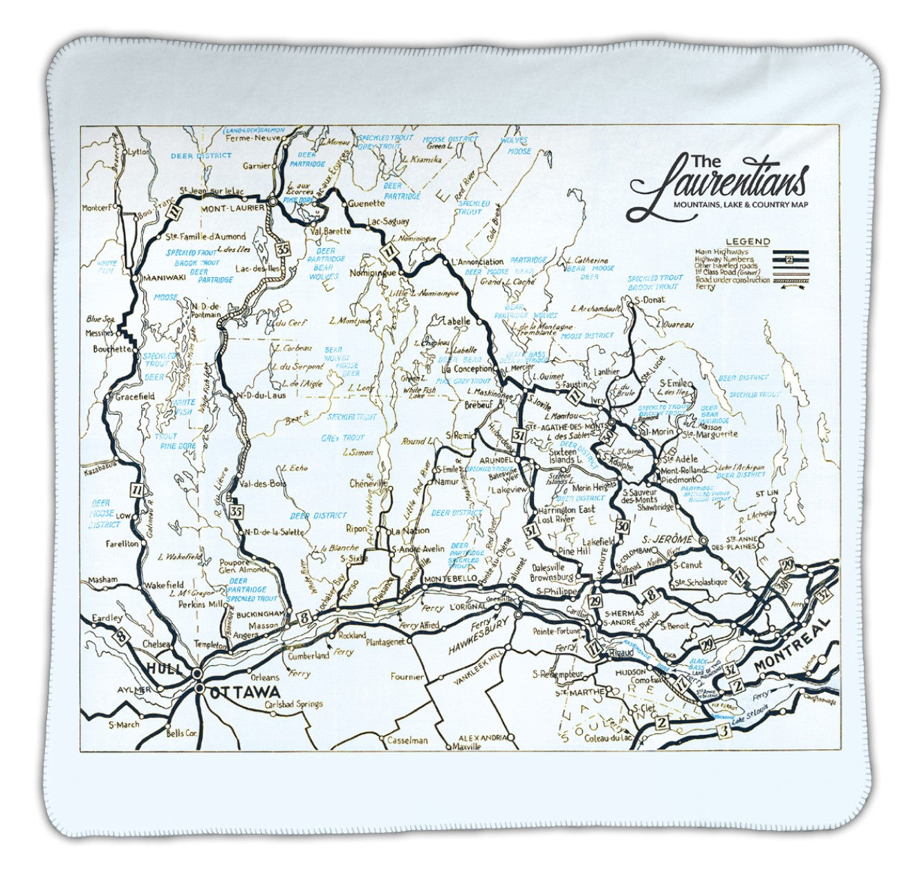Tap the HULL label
(x=165, y=668)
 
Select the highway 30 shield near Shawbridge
(x=623, y=526)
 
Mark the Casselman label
(x=407, y=740)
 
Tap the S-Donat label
(x=649, y=300)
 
